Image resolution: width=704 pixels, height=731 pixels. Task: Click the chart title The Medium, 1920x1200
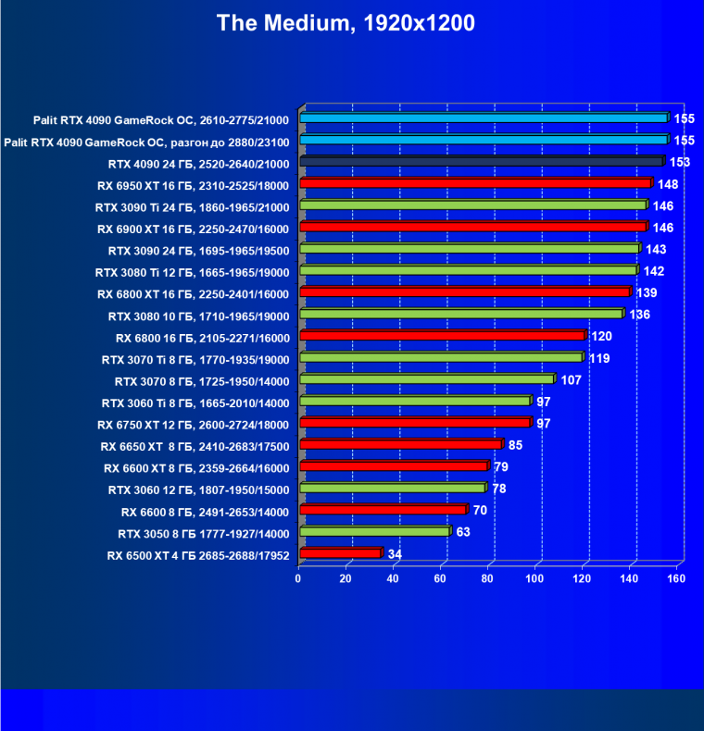coord(346,24)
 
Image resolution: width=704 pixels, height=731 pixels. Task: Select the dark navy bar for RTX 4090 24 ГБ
coord(482,162)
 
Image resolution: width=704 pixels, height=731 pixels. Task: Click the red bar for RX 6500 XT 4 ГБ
coord(340,553)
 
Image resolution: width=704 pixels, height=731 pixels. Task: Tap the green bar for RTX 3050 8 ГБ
coord(374,531)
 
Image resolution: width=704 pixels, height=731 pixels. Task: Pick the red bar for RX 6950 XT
coord(475,183)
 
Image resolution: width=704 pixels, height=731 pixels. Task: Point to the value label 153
coord(679,162)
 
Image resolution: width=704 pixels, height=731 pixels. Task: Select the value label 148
coord(667,183)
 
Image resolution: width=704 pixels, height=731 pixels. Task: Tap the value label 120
coord(601,335)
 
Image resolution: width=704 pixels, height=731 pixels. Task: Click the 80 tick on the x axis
coord(487,579)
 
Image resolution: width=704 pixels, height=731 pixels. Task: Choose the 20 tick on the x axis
coord(346,579)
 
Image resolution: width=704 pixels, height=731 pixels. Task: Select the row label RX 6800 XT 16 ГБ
coord(193,294)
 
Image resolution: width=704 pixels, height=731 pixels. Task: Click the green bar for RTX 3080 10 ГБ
coord(460,314)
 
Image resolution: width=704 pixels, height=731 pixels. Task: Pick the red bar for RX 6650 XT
coord(400,444)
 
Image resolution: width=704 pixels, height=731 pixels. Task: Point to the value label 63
coord(464,531)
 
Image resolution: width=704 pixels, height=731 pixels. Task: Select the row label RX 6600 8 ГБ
coord(205,512)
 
